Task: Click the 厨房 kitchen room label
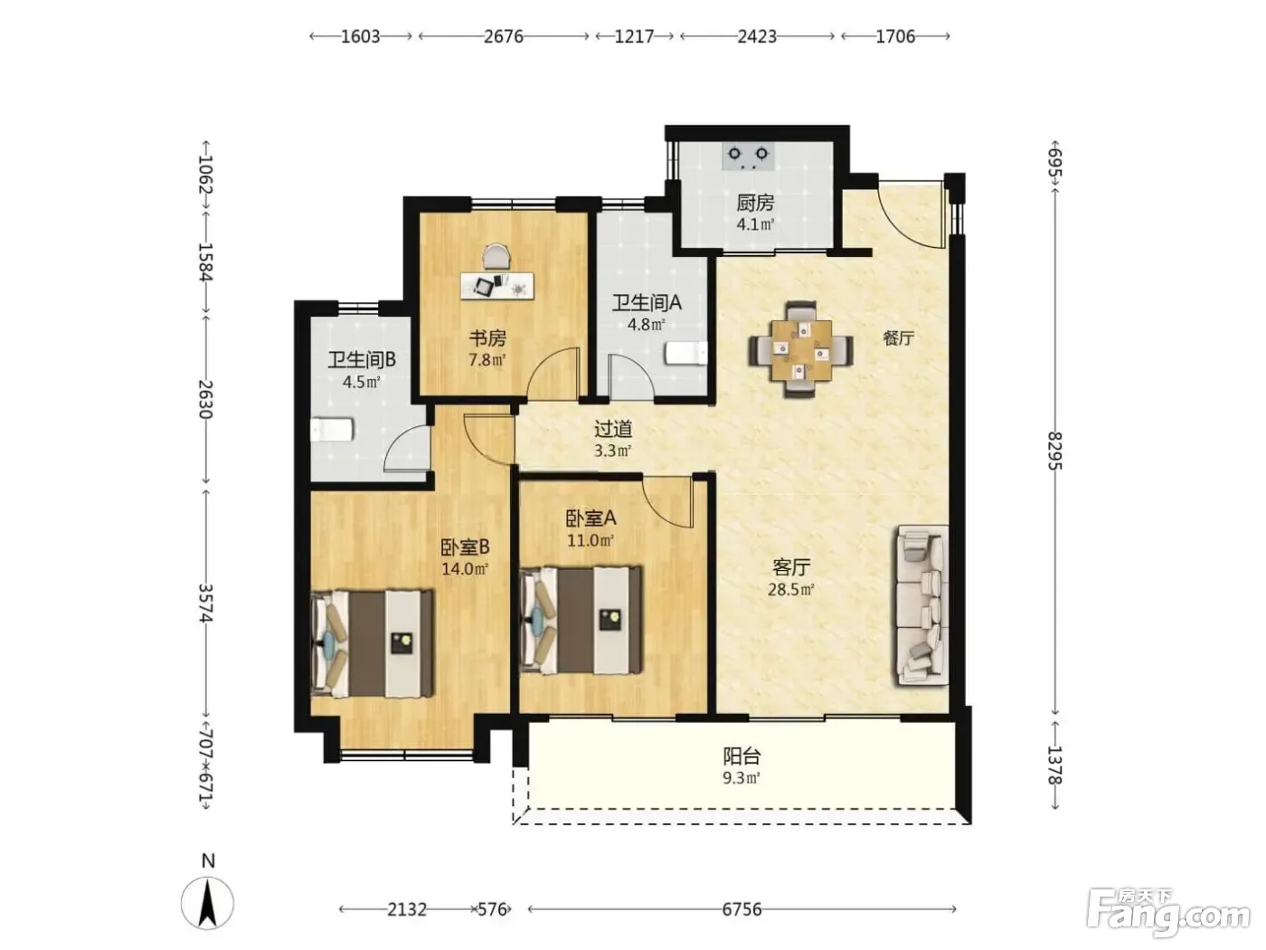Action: click(754, 203)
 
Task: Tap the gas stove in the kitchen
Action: click(748, 157)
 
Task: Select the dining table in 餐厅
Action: click(801, 349)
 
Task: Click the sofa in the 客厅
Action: click(921, 604)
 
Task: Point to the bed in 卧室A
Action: click(581, 620)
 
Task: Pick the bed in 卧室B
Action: click(373, 642)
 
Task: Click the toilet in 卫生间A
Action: click(685, 353)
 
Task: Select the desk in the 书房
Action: click(497, 286)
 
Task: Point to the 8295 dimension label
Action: click(1054, 451)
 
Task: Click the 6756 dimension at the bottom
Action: click(742, 909)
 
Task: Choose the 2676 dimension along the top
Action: click(504, 36)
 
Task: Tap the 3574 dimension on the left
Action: click(206, 603)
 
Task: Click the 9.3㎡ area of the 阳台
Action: click(742, 778)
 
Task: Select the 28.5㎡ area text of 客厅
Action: click(790, 590)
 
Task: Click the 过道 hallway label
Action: click(613, 429)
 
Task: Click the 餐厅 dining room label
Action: click(899, 338)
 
